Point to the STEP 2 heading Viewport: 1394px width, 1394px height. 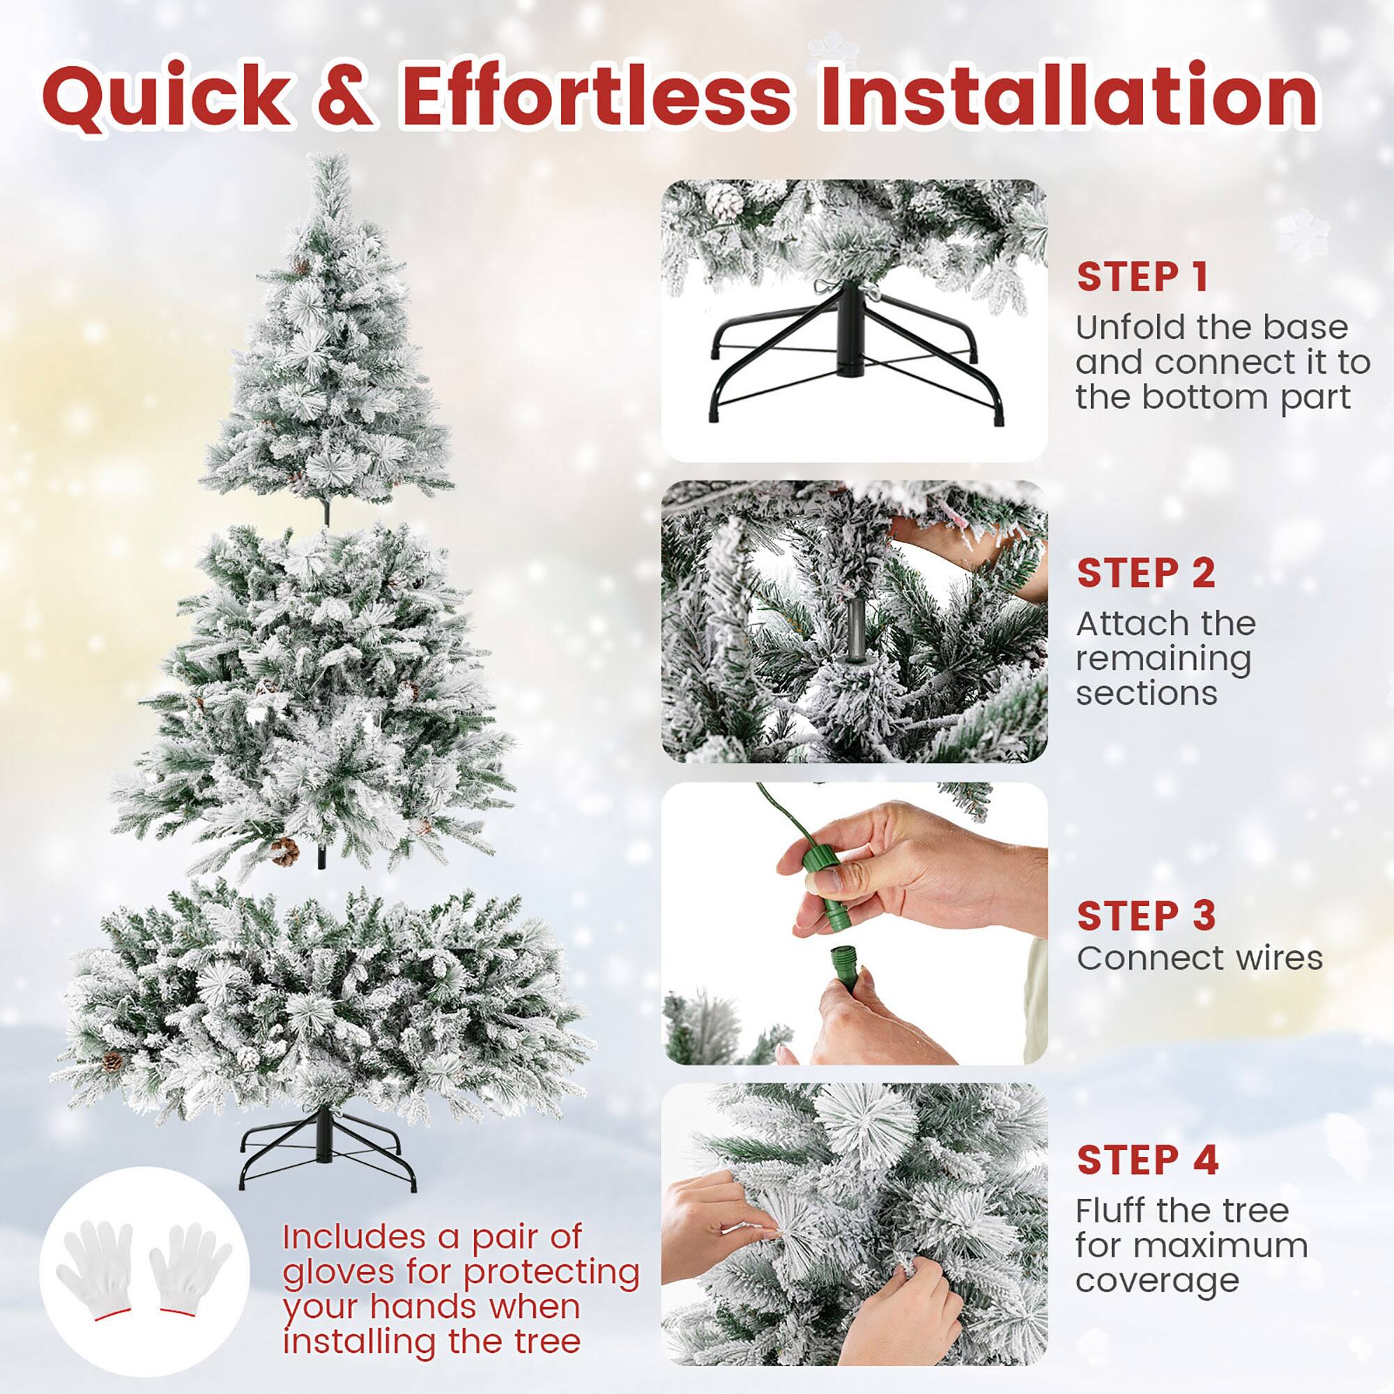coord(1146,574)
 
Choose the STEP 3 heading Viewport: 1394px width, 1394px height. coord(1146,916)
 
